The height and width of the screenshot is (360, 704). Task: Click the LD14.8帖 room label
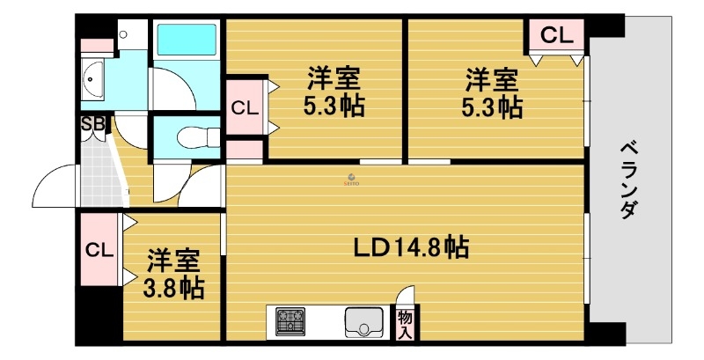pyautogui.click(x=411, y=247)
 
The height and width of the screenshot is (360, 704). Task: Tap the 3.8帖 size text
pyautogui.click(x=175, y=288)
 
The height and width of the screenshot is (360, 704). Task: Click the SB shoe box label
pyautogui.click(x=92, y=124)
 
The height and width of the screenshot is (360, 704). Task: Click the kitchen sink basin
pyautogui.click(x=363, y=321)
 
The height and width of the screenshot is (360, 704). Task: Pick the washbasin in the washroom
pyautogui.click(x=92, y=81)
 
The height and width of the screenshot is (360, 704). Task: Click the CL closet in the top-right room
pyautogui.click(x=556, y=36)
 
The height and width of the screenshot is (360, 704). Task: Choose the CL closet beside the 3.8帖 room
pyautogui.click(x=99, y=249)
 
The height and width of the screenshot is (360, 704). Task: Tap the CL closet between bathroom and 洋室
pyautogui.click(x=245, y=108)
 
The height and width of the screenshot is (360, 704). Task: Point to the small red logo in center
pyautogui.click(x=350, y=177)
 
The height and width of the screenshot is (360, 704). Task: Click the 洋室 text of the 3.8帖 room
pyautogui.click(x=172, y=261)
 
